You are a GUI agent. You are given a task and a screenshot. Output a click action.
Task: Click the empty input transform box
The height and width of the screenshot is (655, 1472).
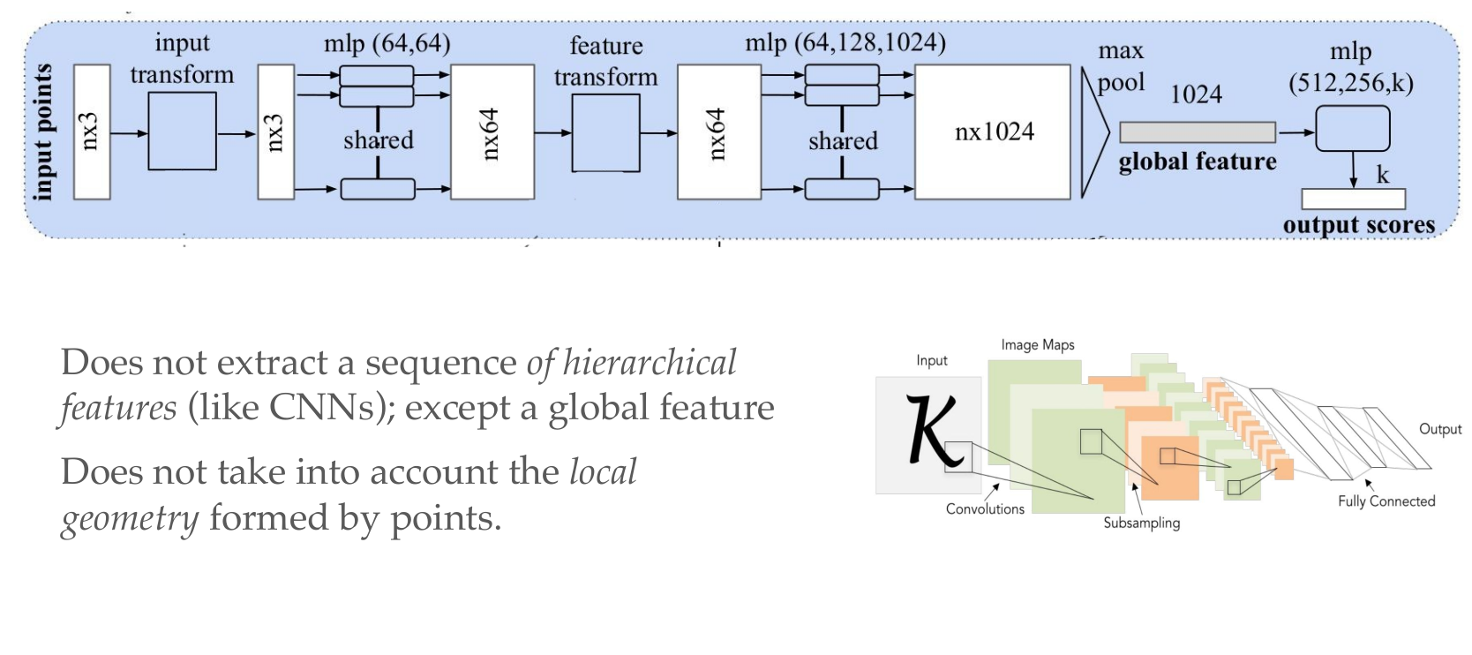182,131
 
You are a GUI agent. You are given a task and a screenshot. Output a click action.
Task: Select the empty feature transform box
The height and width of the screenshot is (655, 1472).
605,132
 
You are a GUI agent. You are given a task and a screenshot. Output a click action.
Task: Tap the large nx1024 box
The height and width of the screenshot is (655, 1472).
993,132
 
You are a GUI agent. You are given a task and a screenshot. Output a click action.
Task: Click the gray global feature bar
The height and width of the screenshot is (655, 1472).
1197,132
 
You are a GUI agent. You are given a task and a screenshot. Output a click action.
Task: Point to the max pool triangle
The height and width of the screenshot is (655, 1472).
1093,132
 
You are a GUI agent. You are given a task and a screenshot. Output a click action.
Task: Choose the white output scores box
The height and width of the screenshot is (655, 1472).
1352,199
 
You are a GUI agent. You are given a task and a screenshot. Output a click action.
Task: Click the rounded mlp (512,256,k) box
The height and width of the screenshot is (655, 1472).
1352,129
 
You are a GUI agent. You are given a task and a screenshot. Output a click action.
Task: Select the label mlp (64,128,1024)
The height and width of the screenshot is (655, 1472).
845,42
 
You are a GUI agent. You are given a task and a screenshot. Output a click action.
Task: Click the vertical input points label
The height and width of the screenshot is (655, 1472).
42,132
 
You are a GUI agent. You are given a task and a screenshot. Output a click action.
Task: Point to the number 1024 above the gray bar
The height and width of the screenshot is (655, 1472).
1196,94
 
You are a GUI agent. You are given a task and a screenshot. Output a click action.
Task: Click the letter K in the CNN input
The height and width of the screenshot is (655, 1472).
932,430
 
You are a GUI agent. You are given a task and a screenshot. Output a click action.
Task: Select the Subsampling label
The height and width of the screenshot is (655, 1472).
1141,523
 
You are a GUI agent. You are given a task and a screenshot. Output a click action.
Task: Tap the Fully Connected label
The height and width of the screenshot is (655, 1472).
1386,501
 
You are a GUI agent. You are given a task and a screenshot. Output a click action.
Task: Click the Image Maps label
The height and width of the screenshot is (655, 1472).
1037,345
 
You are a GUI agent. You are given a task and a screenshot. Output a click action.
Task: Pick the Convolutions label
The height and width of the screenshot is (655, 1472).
985,509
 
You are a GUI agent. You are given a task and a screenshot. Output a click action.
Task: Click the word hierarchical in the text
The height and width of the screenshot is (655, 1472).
649,363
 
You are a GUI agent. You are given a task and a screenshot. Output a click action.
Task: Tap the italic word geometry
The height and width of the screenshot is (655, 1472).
130,518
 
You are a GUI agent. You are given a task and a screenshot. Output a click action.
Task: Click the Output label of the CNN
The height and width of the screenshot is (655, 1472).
1439,429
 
